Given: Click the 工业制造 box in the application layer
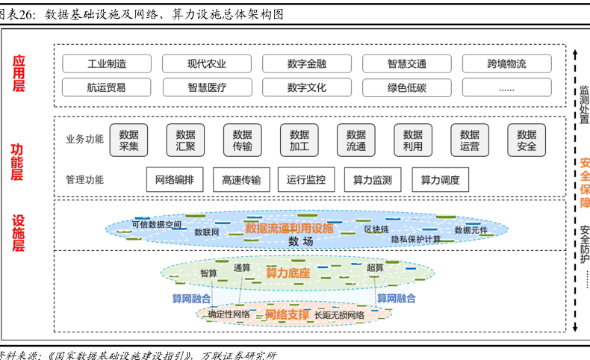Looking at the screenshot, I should point(107,63).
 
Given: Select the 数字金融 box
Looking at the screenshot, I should point(306,63).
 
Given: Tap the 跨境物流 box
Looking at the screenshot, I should point(506,63).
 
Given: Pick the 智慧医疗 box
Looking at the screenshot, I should point(207,87).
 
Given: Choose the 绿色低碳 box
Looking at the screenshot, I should point(406,87).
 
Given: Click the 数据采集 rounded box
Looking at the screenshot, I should point(128,140).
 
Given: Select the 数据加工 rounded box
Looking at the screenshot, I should point(299,140).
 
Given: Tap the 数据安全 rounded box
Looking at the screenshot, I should point(526,140).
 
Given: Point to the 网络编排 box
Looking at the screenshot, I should point(174,179).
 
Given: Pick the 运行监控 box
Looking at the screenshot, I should point(306,179).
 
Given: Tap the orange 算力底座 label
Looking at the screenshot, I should point(288,273).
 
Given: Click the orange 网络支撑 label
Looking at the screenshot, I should point(287,314).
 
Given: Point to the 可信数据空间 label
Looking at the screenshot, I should point(156,224).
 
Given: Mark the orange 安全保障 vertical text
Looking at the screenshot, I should point(584,183).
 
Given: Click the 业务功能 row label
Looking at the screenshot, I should point(85,140).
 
